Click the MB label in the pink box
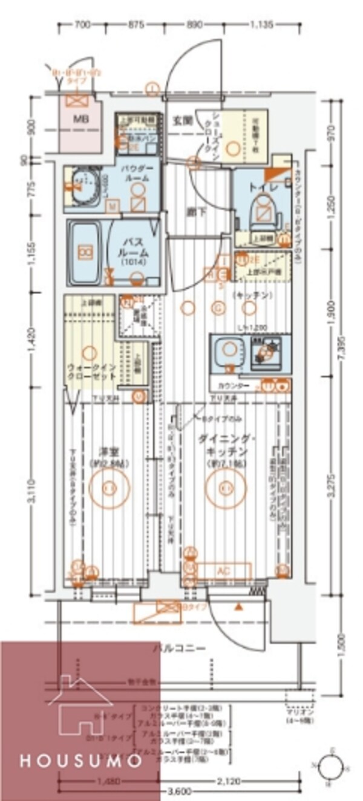80,119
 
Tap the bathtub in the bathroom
85,252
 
